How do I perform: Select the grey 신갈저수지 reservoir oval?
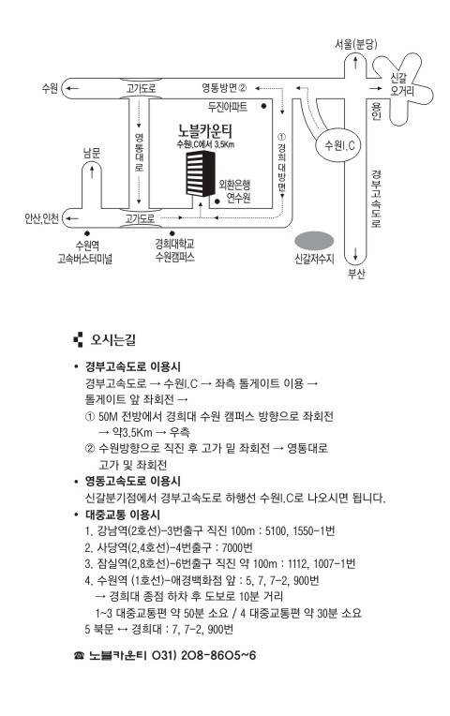click(314, 241)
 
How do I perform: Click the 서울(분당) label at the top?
click(355, 44)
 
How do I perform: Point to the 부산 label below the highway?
click(356, 274)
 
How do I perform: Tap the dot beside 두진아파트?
click(263, 106)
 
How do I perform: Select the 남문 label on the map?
click(91, 153)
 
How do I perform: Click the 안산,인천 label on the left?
click(41, 218)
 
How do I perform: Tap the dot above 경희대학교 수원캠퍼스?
click(172, 233)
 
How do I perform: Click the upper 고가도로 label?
click(141, 88)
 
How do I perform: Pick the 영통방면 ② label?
click(224, 87)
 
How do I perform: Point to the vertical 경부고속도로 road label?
click(376, 199)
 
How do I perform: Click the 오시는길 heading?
click(112, 340)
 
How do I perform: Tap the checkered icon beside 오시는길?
click(78, 340)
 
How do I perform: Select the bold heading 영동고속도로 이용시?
click(133, 481)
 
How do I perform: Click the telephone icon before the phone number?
click(79, 656)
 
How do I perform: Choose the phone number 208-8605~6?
click(218, 655)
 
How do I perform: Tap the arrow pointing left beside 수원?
click(73, 88)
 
